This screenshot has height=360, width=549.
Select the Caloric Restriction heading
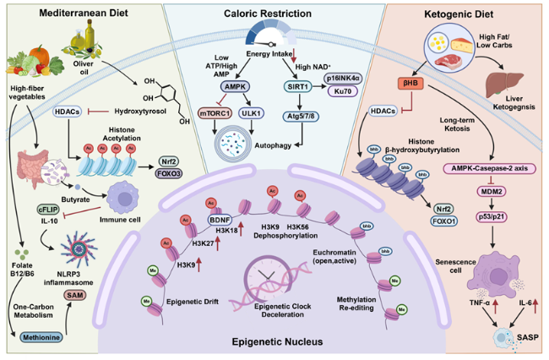[275, 14]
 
